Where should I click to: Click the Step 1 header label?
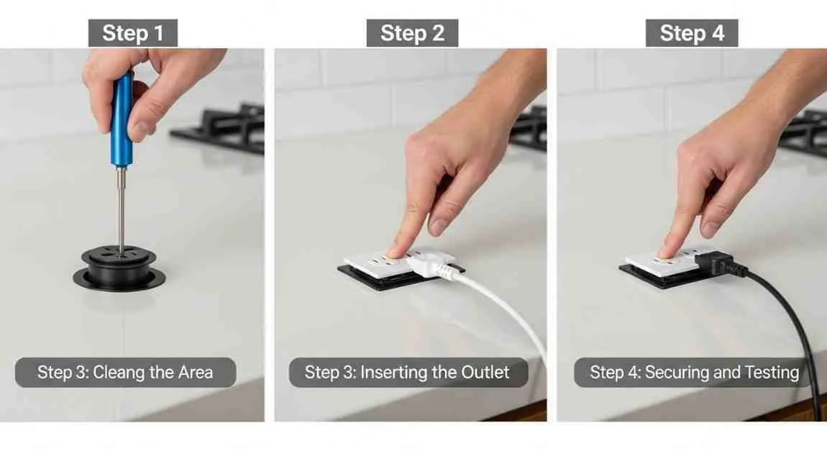tap(132, 33)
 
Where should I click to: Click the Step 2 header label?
tap(412, 33)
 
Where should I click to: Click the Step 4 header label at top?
tap(691, 33)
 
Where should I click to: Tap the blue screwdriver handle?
tap(122, 119)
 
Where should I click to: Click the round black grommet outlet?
tap(119, 269)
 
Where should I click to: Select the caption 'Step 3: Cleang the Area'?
tap(125, 373)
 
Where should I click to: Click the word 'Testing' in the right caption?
tap(773, 373)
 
